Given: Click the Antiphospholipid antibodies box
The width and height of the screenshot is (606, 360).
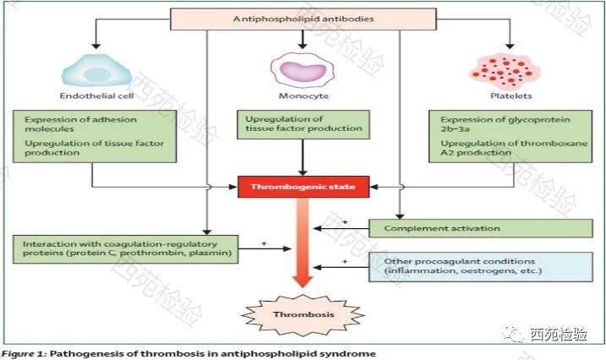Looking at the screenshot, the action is click(303, 19).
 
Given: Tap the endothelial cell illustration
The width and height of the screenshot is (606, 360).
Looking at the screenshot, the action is click(97, 70).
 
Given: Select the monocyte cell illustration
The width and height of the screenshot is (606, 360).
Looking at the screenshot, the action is click(303, 70).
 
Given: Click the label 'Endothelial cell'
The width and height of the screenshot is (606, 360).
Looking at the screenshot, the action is click(97, 95).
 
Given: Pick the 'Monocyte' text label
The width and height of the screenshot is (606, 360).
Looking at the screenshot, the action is click(303, 95).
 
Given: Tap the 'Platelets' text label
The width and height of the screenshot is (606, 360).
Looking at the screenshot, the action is click(511, 95).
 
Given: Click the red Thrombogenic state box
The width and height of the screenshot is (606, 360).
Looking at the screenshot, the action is click(303, 187).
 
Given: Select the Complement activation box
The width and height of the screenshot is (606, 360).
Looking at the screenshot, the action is click(481, 228).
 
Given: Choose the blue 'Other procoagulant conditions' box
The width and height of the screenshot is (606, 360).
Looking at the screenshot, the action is click(481, 266).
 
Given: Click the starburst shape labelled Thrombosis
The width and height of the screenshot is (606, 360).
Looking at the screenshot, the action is click(303, 315).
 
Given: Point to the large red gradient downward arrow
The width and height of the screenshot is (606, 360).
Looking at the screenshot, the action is click(303, 243).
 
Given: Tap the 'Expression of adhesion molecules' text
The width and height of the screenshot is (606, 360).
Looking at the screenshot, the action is click(81, 124).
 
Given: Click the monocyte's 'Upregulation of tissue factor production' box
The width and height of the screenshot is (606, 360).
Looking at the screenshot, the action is click(303, 124).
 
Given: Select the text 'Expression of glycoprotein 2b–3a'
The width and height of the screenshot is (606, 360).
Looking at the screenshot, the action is click(505, 124).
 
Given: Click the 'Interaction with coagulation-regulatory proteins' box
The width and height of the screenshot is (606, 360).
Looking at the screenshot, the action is click(126, 249).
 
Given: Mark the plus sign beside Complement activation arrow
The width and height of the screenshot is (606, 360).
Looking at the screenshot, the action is click(345, 222).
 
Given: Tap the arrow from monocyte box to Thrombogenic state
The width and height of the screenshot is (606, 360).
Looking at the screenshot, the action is click(303, 157).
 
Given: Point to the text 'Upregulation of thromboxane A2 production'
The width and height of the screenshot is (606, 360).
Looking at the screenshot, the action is click(514, 148).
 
